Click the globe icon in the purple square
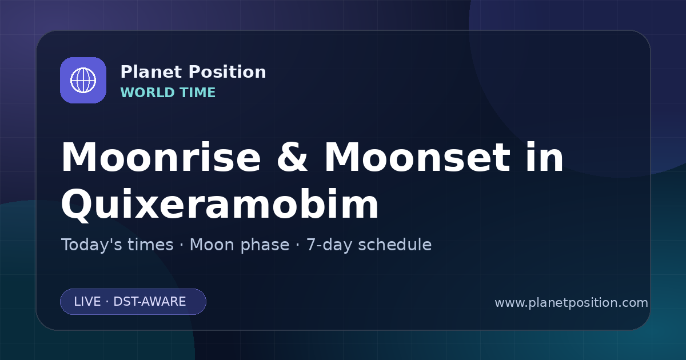click(x=83, y=80)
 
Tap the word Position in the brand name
click(x=228, y=72)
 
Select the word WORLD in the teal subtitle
click(x=147, y=93)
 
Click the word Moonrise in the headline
click(x=161, y=157)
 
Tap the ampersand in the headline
click(x=292, y=157)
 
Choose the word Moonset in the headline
click(x=417, y=157)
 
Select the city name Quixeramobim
click(x=220, y=205)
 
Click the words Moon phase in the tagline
click(x=240, y=245)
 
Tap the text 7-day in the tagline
click(x=329, y=245)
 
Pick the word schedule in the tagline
click(x=395, y=245)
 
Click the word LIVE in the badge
click(x=87, y=302)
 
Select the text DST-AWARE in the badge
click(x=150, y=302)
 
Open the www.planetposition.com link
click(x=572, y=303)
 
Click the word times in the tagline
click(x=150, y=245)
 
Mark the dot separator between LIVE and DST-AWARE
click(x=107, y=302)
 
